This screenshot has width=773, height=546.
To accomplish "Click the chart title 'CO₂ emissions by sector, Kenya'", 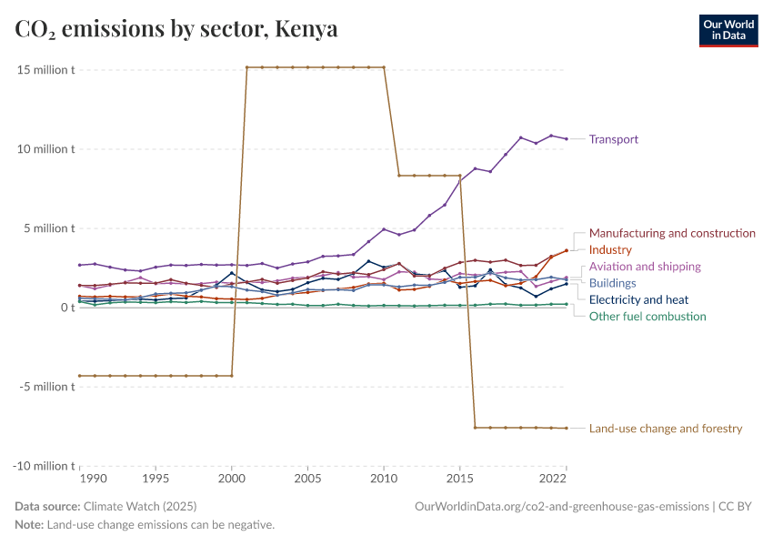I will click(x=176, y=29).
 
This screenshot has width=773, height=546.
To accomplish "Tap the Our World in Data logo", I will click(x=728, y=30).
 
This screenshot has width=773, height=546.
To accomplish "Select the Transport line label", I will click(x=614, y=139).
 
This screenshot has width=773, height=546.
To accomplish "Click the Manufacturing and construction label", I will click(x=672, y=233).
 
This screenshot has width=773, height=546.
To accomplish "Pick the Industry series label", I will click(x=623, y=249).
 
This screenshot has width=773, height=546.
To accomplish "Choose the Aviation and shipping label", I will click(x=645, y=267).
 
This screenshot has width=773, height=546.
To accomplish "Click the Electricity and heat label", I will click(x=638, y=299).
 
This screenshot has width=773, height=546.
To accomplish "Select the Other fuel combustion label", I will click(x=648, y=316).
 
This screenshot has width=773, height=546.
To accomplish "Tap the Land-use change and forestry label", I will click(x=666, y=428).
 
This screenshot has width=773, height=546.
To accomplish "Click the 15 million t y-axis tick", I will click(x=44, y=70).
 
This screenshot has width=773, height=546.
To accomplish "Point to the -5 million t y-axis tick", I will click(x=44, y=387).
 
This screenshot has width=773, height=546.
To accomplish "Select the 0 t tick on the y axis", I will click(x=64, y=308).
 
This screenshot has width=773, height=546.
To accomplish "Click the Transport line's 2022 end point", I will click(x=567, y=138).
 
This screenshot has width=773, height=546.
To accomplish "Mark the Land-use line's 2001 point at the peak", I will click(x=247, y=67).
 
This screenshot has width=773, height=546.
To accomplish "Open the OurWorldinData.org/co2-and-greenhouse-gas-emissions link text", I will click(x=560, y=506).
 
